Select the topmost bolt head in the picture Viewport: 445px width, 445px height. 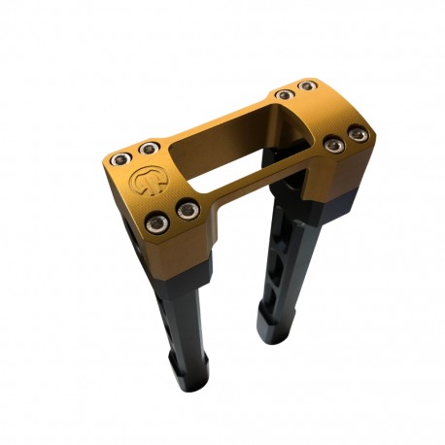(307, 86)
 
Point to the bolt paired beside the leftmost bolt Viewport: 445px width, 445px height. (148, 149)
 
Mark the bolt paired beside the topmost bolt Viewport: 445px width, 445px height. (284, 94)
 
